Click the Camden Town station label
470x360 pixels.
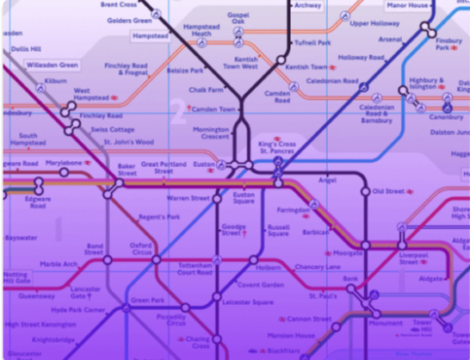point(216,109)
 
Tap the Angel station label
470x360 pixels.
point(327,181)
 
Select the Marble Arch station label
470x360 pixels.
point(58,264)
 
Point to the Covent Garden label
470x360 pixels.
point(261,284)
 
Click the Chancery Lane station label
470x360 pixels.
point(320,267)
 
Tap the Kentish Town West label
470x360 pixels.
point(242,63)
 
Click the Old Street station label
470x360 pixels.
point(388,191)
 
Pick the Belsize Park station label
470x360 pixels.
point(185,70)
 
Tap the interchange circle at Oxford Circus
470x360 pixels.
point(156,259)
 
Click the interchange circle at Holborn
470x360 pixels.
point(253,259)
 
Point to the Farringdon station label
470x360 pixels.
point(293,210)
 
